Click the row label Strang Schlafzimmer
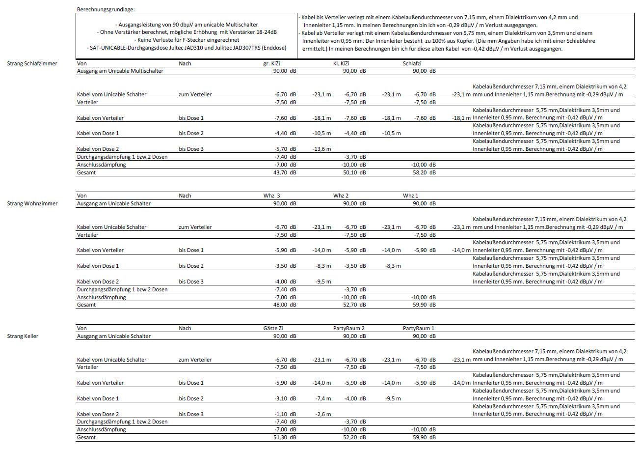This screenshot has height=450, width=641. click(32, 63)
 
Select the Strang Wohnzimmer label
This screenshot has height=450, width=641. click(32, 203)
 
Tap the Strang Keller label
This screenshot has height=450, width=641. click(23, 336)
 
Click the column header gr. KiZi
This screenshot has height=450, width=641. click(272, 63)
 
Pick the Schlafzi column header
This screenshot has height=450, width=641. click(412, 63)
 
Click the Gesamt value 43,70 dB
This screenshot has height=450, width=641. click(285, 172)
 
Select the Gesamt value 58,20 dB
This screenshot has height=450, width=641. click(424, 172)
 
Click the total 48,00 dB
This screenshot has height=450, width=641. click(285, 305)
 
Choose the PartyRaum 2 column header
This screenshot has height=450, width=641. click(349, 328)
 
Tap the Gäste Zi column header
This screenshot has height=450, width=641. click(273, 328)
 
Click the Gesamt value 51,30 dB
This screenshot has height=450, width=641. click(285, 437)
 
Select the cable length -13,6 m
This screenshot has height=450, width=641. click(321, 149)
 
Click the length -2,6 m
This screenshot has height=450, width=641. click(323, 414)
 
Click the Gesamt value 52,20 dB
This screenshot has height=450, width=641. click(354, 437)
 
